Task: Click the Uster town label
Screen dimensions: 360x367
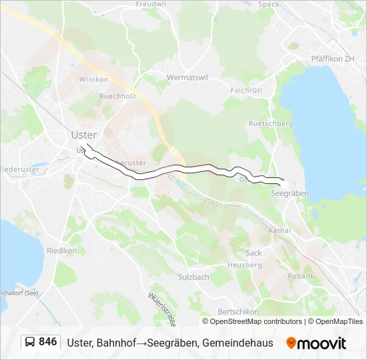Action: tap(84, 135)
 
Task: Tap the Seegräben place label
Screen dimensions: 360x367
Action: tap(290, 193)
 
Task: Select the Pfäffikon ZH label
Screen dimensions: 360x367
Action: tap(336, 59)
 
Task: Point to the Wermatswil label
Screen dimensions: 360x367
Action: tap(188, 77)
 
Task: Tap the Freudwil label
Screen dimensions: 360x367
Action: tap(151, 4)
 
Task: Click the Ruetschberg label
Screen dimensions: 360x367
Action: tap(270, 123)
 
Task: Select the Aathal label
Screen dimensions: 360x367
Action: tap(279, 230)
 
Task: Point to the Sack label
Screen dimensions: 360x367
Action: tap(254, 253)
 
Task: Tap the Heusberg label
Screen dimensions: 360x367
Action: tap(245, 265)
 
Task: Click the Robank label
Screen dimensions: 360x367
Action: tap(300, 276)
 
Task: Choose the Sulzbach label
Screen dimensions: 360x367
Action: tap(194, 277)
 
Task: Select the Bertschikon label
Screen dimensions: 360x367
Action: tap(239, 312)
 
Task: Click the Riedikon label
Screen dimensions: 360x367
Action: tap(62, 251)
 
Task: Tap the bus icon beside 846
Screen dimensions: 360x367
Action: tap(30, 342)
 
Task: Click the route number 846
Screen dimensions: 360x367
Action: tap(47, 342)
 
